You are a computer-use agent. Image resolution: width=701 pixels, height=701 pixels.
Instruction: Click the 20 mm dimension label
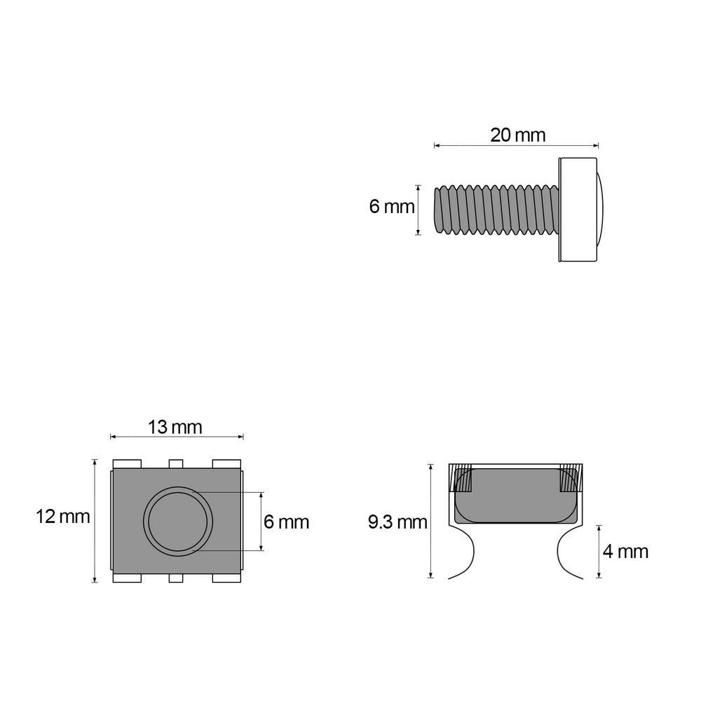pyautogui.click(x=518, y=135)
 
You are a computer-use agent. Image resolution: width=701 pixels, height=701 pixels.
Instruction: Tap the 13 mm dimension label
pyautogui.click(x=175, y=428)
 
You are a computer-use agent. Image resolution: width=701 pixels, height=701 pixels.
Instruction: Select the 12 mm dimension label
pyautogui.click(x=62, y=517)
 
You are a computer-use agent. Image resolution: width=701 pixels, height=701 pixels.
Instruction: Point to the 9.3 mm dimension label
pyautogui.click(x=397, y=522)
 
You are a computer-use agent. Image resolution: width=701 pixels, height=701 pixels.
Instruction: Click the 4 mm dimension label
pyautogui.click(x=625, y=552)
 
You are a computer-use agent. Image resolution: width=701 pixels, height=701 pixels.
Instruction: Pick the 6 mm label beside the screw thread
pyautogui.click(x=392, y=207)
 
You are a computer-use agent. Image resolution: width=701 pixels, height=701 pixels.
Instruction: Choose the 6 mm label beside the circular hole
pyautogui.click(x=286, y=522)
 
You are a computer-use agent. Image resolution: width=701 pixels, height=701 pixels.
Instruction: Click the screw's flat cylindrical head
pyautogui.click(x=578, y=210)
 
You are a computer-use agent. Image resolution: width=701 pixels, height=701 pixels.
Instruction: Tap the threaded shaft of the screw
pyautogui.click(x=496, y=210)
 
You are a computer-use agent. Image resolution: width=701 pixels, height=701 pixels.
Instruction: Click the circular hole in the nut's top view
pyautogui.click(x=178, y=522)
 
